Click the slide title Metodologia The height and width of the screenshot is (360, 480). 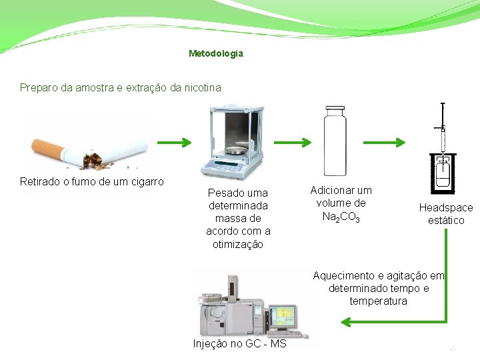coord(216,53)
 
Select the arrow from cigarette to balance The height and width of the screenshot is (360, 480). coord(174,143)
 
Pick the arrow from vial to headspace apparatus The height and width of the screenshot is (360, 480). coord(389,143)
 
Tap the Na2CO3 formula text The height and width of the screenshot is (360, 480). coord(341,217)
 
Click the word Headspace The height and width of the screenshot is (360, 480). coord(445,208)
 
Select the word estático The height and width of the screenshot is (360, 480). coord(446,221)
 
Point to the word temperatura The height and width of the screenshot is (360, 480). coord(378,301)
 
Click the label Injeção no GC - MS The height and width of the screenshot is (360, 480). coord(239,344)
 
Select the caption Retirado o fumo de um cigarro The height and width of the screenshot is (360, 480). coord(92,181)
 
